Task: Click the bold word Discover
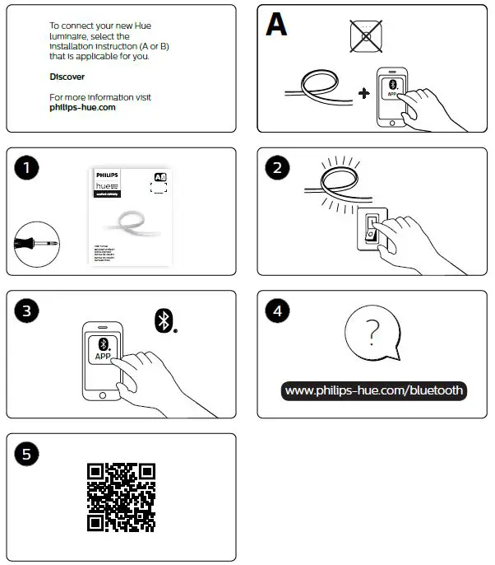tap(67, 77)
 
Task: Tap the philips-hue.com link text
tap(82, 107)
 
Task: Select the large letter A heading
tap(276, 26)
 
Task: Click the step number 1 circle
tap(27, 168)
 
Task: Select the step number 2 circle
tap(277, 168)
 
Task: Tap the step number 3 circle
tap(27, 311)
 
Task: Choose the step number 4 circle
tap(277, 311)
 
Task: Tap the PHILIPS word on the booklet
tap(108, 175)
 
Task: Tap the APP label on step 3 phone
tap(104, 357)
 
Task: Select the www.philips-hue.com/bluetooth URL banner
tap(374, 390)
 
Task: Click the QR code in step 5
tap(121, 497)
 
